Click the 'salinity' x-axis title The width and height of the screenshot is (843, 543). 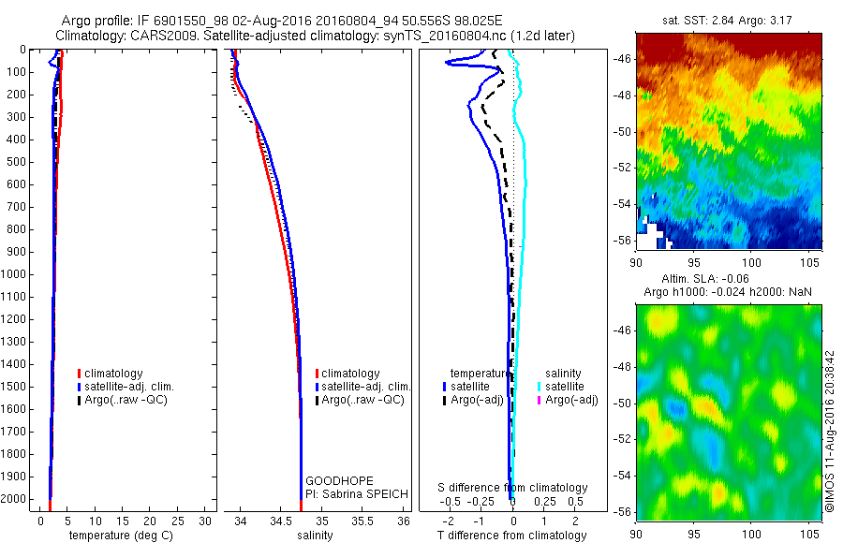[313, 536]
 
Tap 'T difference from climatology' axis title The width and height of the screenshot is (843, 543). [511, 536]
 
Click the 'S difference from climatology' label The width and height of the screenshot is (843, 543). [513, 488]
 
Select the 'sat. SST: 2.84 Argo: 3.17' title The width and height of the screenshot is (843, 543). [729, 20]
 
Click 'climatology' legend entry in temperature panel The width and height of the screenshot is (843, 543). [112, 374]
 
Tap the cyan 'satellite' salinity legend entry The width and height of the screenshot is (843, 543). [564, 387]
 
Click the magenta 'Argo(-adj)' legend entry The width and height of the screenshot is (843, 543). [571, 401]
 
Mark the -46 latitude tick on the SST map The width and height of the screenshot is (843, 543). [623, 59]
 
